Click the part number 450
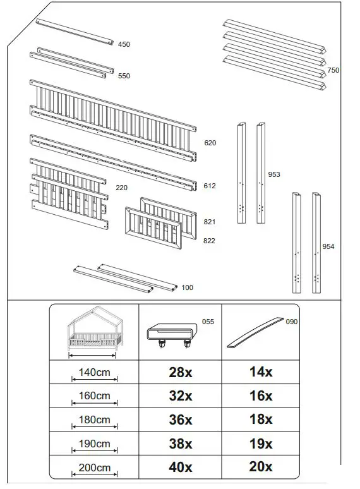tap(124, 44)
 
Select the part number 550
tap(124, 76)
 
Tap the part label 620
tap(210, 143)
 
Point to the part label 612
tap(210, 186)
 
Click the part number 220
tap(122, 188)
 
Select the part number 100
tap(188, 287)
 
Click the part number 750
tap(333, 70)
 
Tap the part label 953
tap(273, 174)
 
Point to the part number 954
tap(328, 246)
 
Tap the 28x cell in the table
tap(180, 372)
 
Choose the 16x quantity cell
tap(260, 396)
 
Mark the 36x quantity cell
tap(180, 420)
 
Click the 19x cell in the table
tap(260, 444)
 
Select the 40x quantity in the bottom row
tap(180, 468)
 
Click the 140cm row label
tap(94, 373)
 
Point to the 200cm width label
tap(94, 468)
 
